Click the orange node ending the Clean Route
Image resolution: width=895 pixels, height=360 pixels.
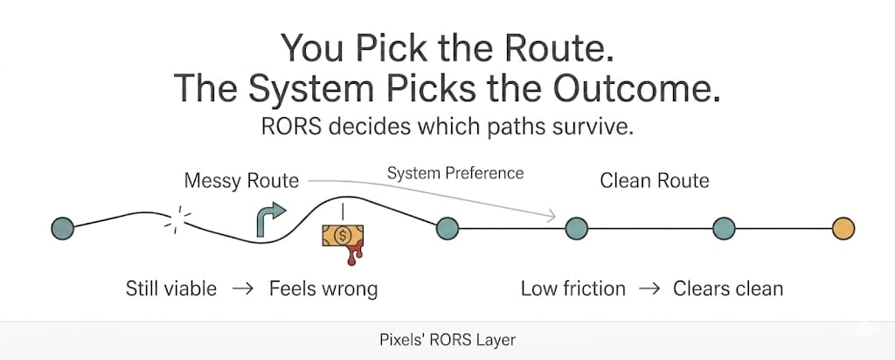(843, 228)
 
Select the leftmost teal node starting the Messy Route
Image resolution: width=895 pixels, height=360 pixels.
(62, 228)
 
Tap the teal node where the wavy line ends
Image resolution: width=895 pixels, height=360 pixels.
(447, 228)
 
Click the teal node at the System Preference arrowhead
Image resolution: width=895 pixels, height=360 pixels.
(576, 228)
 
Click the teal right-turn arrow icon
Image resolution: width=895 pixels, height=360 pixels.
(269, 218)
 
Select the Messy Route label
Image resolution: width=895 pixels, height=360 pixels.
(241, 182)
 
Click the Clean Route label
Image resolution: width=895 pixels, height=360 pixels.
(654, 182)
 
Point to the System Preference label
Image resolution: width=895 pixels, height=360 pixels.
(455, 173)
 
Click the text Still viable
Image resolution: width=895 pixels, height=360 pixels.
(170, 288)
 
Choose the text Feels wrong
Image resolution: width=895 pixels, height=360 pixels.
(323, 288)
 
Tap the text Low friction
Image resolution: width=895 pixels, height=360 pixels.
(573, 288)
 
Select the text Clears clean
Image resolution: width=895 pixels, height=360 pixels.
(728, 288)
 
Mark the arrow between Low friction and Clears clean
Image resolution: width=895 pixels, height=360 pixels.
(649, 288)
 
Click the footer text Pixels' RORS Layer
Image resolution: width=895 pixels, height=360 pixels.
(447, 339)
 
